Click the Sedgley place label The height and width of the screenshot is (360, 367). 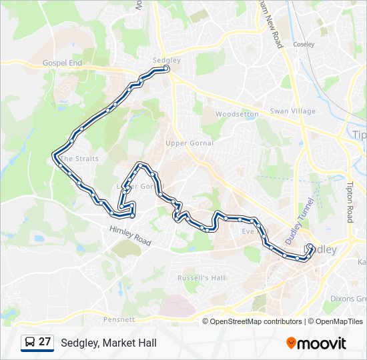pos(166,59)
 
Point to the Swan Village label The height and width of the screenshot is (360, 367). pos(292,111)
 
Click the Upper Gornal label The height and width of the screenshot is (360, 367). pos(190,143)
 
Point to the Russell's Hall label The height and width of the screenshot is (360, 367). pos(201,277)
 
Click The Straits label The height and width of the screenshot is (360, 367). pos(80,159)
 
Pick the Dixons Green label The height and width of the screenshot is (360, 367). pos(348,299)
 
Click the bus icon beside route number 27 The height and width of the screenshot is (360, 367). pos(30,342)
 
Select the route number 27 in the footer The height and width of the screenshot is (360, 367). pos(45,342)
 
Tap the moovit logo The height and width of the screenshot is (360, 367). pos(316,343)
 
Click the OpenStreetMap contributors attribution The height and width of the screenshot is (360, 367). pos(256,321)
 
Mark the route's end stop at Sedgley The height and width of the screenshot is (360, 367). pos(166,68)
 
